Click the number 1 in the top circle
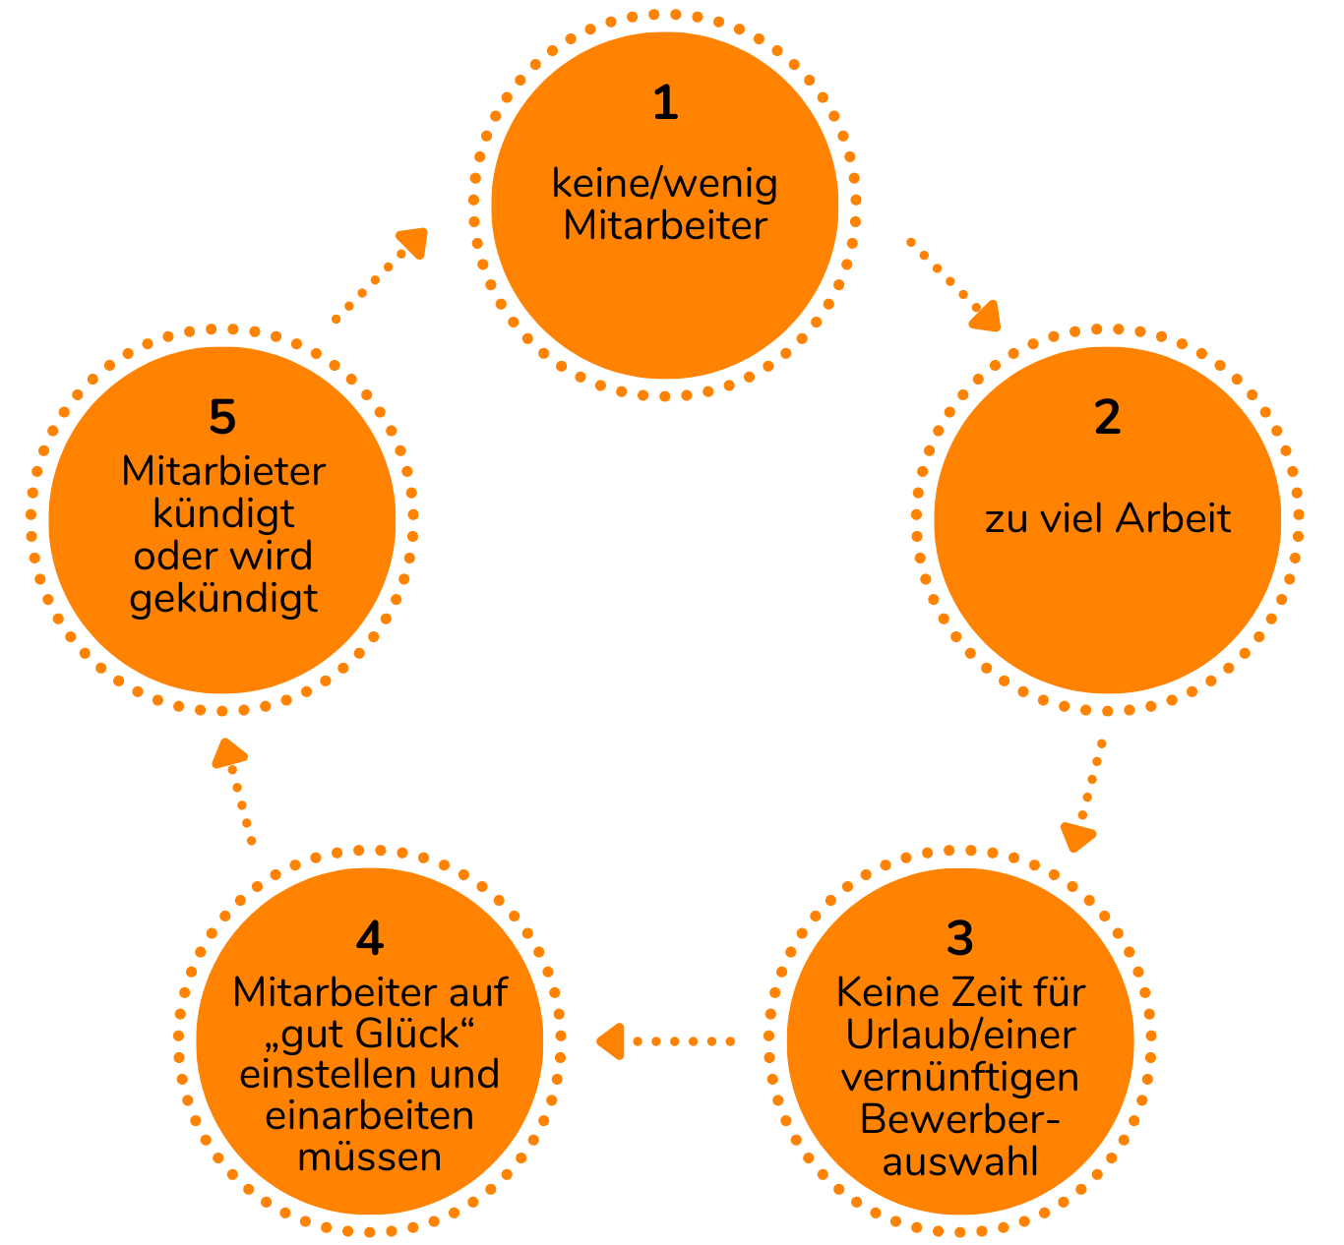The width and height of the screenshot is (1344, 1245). point(665,103)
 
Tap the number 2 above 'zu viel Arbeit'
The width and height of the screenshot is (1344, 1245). point(1107,418)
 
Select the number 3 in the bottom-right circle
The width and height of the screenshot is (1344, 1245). point(959,938)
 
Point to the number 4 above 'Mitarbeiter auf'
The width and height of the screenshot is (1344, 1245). point(369,939)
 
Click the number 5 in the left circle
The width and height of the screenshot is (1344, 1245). point(222,418)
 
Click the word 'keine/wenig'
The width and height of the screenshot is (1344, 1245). point(664,184)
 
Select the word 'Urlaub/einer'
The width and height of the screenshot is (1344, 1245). point(960,1035)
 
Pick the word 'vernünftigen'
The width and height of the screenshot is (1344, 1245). point(959,1077)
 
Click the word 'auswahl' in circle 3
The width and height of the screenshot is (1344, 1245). point(959,1161)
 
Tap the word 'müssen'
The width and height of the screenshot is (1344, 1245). point(369,1157)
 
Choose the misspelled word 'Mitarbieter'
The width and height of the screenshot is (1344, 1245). point(223,471)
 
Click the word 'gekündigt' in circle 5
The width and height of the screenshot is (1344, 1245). point(223,598)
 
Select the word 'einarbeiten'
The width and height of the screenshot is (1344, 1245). point(369,1116)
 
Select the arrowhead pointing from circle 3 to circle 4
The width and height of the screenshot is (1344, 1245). point(611,1040)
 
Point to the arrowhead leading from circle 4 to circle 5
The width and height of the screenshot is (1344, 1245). point(228,753)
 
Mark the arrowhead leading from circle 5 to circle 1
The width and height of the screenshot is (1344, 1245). point(413,242)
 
